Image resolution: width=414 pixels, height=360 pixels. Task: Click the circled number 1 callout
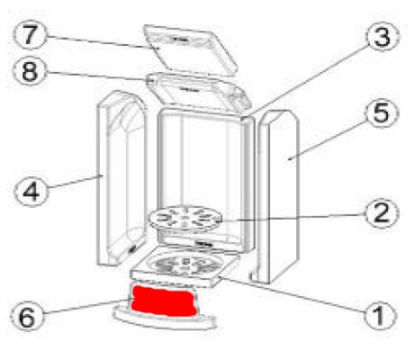tap(380, 315)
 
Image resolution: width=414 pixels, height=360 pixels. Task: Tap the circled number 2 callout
tap(382, 212)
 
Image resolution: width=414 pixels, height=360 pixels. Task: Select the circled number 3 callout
tap(382, 37)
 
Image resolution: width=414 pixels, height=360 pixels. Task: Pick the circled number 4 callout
tap(31, 191)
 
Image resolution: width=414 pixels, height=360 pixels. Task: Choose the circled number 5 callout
tap(382, 113)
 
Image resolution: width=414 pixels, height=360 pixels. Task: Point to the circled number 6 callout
tap(27, 317)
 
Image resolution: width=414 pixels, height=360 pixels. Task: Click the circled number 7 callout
tap(30, 35)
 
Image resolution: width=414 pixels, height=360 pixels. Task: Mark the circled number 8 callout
tap(29, 71)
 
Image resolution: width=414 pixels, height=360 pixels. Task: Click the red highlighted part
tap(165, 301)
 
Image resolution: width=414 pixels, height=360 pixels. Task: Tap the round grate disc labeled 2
tap(185, 219)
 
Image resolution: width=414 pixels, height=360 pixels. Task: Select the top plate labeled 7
tap(191, 49)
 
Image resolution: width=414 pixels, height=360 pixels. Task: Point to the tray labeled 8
tap(198, 93)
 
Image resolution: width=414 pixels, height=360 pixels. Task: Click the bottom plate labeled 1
tap(185, 266)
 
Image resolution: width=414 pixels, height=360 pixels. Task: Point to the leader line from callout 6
tap(87, 307)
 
